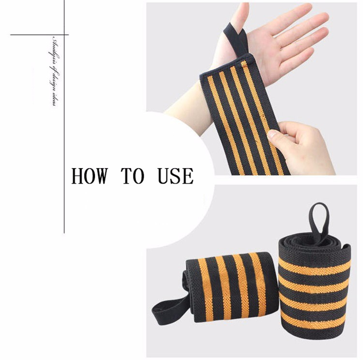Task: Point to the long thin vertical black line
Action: tap(64, 145)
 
